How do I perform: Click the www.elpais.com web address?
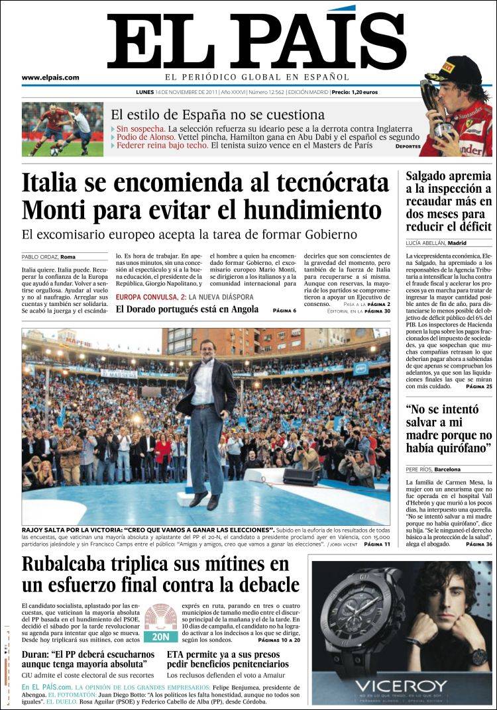pyautogui.click(x=50, y=77)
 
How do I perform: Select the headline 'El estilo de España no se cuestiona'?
pyautogui.click(x=217, y=115)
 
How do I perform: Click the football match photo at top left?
pyautogui.click(x=62, y=129)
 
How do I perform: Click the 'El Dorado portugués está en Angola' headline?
pyautogui.click(x=187, y=309)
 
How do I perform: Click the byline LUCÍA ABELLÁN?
pyautogui.click(x=427, y=243)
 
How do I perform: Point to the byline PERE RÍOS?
pyautogui.click(x=419, y=470)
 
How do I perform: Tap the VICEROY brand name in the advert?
pyautogui.click(x=401, y=685)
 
